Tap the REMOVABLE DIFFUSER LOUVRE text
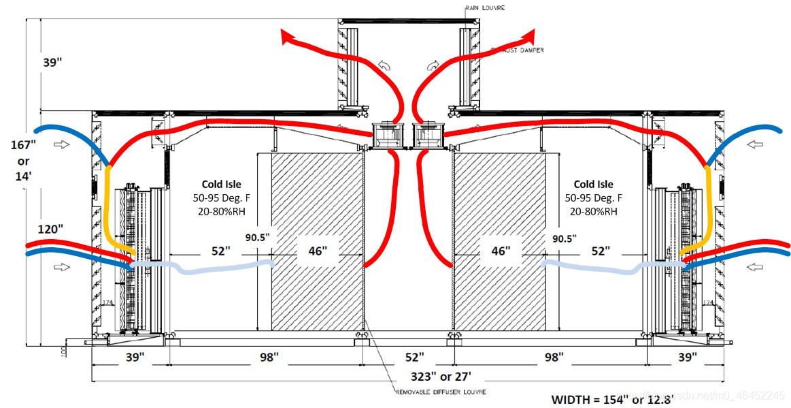[x=440, y=392]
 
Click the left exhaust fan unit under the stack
[x=386, y=136]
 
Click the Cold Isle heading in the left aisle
[x=222, y=184]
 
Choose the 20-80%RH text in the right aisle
[x=593, y=211]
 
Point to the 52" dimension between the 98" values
[x=415, y=357]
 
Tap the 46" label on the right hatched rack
[x=500, y=251]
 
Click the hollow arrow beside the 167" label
[x=61, y=144]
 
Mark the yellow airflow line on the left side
[x=108, y=204]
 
